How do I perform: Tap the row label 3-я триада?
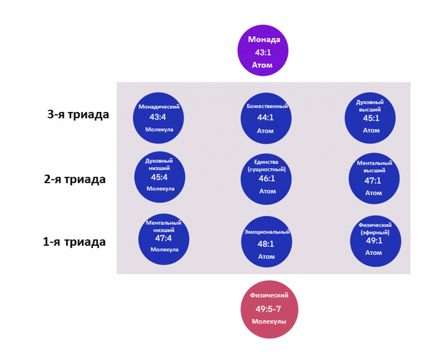tap(78, 114)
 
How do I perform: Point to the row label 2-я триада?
tap(75, 179)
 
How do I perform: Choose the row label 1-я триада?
tap(74, 242)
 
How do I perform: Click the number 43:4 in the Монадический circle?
tap(158, 117)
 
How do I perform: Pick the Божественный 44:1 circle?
tap(266, 119)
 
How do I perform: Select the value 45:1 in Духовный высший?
tap(371, 119)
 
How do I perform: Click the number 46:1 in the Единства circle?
tap(267, 179)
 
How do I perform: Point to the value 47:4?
tap(163, 238)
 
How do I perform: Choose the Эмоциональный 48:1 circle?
tap(266, 244)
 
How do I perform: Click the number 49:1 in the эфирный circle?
tap(374, 241)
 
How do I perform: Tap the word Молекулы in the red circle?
tap(269, 321)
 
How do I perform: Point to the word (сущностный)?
tap(267, 169)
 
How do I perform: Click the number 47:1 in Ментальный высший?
tap(374, 182)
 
